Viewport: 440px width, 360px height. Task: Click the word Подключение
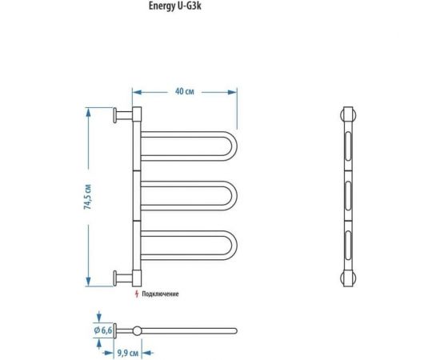point(160,294)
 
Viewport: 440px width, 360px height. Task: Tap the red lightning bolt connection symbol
point(136,294)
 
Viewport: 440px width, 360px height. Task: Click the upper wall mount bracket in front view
point(122,115)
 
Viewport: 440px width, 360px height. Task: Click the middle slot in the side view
point(349,195)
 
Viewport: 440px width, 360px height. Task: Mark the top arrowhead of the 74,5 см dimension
point(88,111)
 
